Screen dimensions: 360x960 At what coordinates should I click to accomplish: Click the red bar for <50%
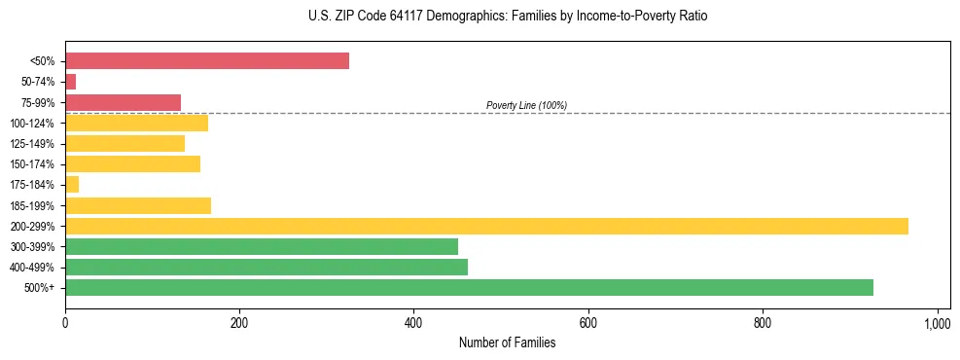pos(206,61)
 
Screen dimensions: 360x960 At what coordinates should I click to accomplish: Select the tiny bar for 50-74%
pos(70,82)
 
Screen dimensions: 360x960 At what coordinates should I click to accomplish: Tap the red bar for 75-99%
pos(123,102)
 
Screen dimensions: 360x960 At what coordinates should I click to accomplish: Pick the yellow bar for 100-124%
pos(136,123)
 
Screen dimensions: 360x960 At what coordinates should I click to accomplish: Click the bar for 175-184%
pos(72,185)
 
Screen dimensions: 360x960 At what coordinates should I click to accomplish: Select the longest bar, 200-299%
pos(486,226)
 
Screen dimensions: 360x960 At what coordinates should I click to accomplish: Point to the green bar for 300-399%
pos(261,246)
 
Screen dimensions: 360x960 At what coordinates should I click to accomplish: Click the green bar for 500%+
pos(469,287)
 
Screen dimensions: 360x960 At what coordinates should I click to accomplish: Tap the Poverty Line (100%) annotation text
pos(526,105)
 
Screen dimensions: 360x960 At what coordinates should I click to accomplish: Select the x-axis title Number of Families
pos(507,342)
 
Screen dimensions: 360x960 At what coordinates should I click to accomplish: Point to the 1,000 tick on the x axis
pos(937,321)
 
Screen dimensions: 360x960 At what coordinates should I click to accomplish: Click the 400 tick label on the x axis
pos(413,321)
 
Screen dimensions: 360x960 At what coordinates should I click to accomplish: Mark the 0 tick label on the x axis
pos(65,321)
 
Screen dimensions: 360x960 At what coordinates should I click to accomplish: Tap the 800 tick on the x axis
pos(763,321)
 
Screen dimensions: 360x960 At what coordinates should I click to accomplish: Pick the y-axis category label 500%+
pos(40,288)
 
